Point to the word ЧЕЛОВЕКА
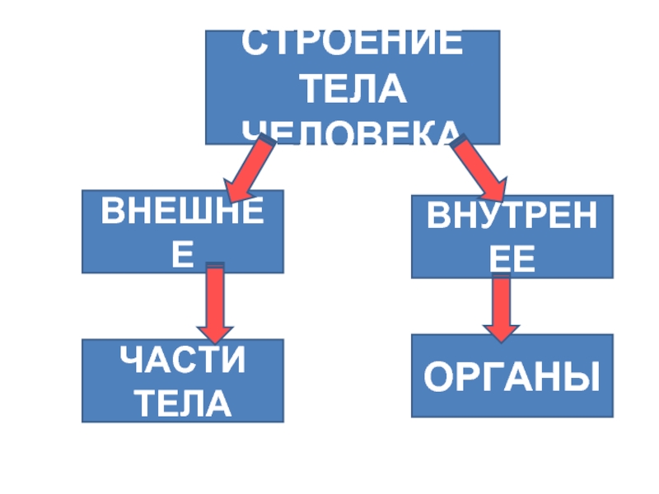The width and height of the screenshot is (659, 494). click(350, 132)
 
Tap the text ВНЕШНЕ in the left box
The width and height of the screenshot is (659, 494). click(182, 213)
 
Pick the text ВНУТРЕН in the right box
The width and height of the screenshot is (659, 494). click(512, 218)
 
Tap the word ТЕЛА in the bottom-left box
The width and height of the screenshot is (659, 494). click(183, 403)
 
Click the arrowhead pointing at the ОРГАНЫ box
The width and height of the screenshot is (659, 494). click(501, 329)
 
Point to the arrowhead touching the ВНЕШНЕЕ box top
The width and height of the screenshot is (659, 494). click(236, 190)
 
